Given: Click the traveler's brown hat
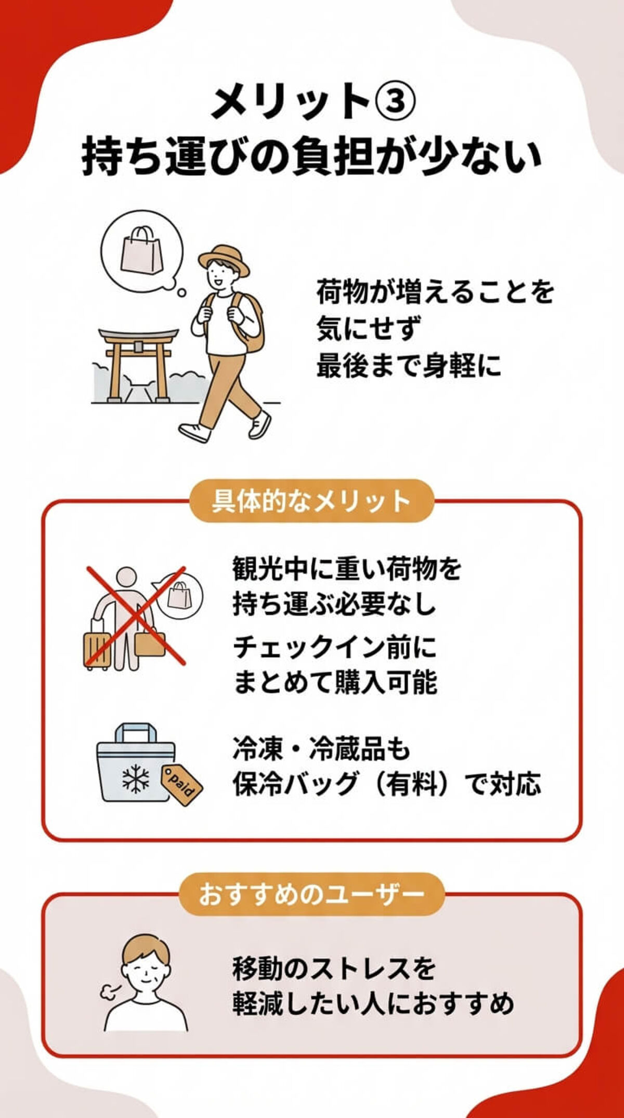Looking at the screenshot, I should click(224, 259).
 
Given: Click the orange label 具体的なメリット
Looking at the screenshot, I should click(311, 501).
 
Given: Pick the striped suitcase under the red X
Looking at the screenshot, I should click(97, 649).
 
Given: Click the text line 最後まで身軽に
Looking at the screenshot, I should click(409, 365).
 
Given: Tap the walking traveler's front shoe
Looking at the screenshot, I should click(193, 431).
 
